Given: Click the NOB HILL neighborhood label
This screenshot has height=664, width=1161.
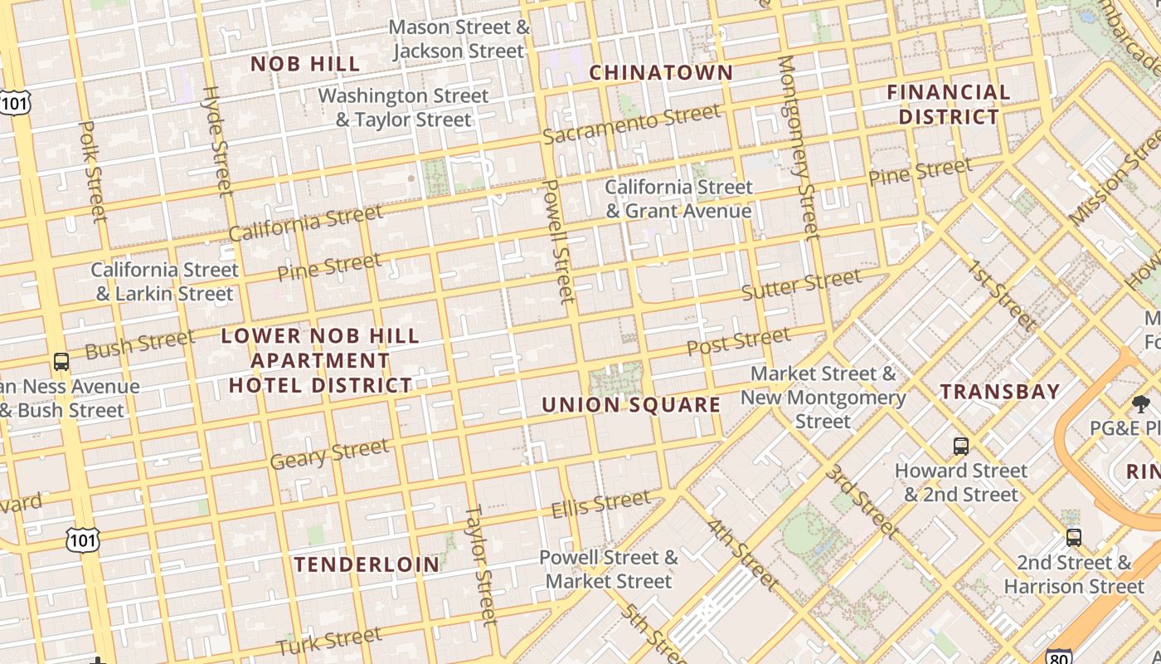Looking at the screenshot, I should click(x=305, y=64).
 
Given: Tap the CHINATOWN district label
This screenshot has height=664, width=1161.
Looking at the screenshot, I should click(x=661, y=72).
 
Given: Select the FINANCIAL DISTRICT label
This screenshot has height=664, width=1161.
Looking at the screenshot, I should click(x=949, y=104).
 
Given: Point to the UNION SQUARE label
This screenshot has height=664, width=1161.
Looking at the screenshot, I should click(x=631, y=405).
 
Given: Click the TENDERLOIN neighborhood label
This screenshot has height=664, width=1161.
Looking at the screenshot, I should click(x=367, y=564).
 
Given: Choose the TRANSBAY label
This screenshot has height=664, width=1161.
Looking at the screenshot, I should click(x=999, y=392).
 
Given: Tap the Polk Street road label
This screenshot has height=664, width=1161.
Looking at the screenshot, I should click(x=94, y=172).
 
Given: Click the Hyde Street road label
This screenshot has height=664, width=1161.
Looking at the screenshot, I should click(x=217, y=141).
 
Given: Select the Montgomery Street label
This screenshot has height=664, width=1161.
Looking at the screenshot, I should click(x=798, y=146).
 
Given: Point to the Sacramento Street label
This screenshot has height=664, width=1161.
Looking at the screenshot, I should click(x=632, y=124).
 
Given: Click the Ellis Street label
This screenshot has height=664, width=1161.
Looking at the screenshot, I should click(x=601, y=504).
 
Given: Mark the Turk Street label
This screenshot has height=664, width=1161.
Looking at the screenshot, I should click(x=329, y=642).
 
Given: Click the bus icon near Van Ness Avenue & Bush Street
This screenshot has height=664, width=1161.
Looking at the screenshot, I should click(x=61, y=362).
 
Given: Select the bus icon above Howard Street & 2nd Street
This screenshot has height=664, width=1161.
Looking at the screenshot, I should click(x=960, y=447).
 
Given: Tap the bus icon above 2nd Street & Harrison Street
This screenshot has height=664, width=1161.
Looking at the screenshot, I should click(x=1074, y=538).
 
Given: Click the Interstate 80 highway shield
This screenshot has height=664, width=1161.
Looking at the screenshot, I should click(x=1058, y=656).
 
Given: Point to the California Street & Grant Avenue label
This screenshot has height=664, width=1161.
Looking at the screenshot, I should click(x=678, y=198).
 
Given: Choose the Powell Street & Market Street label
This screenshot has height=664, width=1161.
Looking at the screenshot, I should click(x=609, y=569).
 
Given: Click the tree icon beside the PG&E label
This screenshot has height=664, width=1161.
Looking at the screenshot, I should click(x=1141, y=405).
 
